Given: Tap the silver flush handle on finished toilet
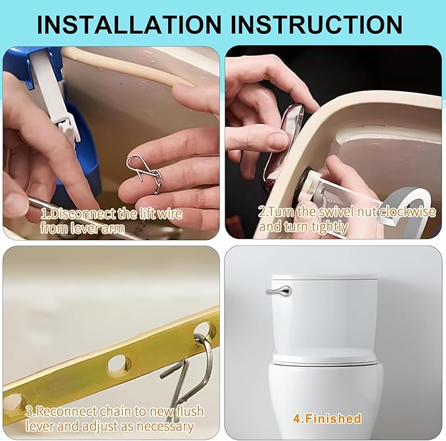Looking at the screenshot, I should click(279, 290).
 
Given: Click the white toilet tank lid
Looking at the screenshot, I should click(324, 278).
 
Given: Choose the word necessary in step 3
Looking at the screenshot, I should click(170, 426).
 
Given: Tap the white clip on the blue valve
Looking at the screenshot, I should click(66, 125).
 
